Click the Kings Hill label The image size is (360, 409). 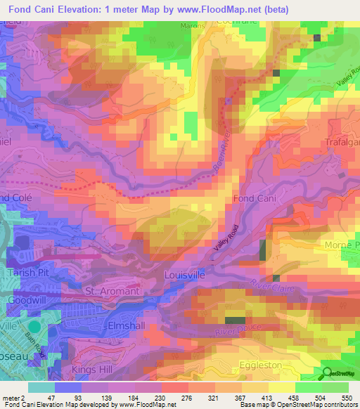pos(92,368)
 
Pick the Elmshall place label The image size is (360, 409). pos(106,325)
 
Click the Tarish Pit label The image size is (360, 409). pos(27,273)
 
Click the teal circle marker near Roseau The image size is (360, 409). pos(35,326)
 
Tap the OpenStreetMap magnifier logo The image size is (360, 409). pos(326,375)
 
